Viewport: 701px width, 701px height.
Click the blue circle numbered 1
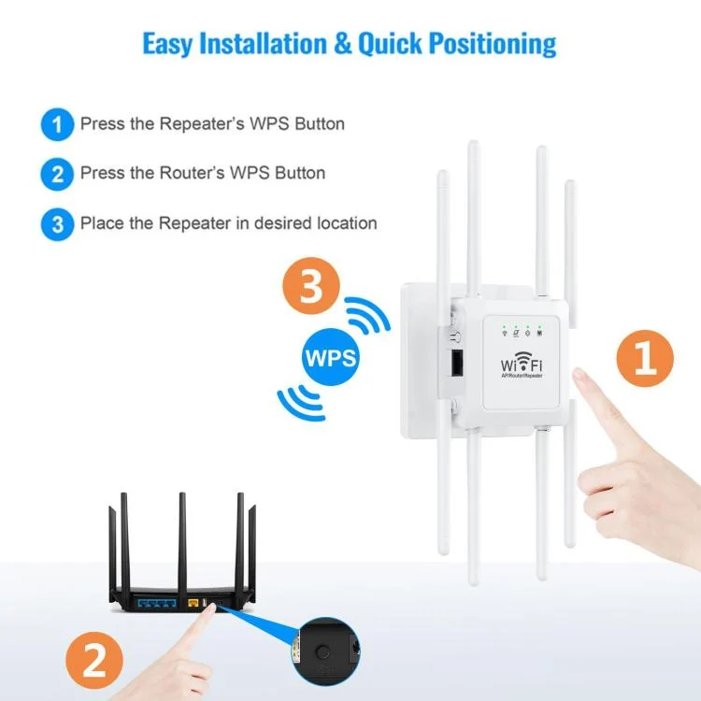coord(57,123)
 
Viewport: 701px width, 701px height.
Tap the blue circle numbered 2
coord(57,174)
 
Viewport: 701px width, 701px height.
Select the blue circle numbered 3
coord(57,224)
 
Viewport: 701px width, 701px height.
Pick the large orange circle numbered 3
coord(312,288)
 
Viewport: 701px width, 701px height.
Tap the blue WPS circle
coord(332,357)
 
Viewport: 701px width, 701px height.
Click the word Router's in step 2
coord(192,174)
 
